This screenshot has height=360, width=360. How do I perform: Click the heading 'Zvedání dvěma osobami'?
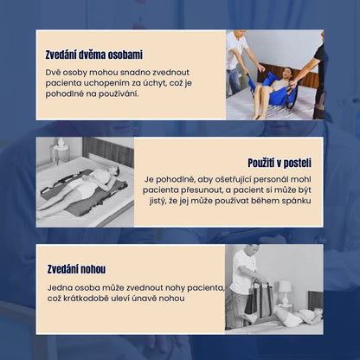(94, 55)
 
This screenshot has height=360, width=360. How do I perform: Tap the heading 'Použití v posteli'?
(280, 163)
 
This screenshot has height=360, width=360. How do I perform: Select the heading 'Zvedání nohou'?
(76, 269)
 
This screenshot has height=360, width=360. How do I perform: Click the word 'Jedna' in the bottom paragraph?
(59, 287)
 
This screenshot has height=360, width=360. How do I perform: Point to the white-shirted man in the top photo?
(238, 61)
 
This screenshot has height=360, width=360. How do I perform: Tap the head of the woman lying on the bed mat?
(113, 170)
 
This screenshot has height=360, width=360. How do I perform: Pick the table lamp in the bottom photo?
(285, 292)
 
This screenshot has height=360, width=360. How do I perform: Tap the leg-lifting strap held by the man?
(259, 300)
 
